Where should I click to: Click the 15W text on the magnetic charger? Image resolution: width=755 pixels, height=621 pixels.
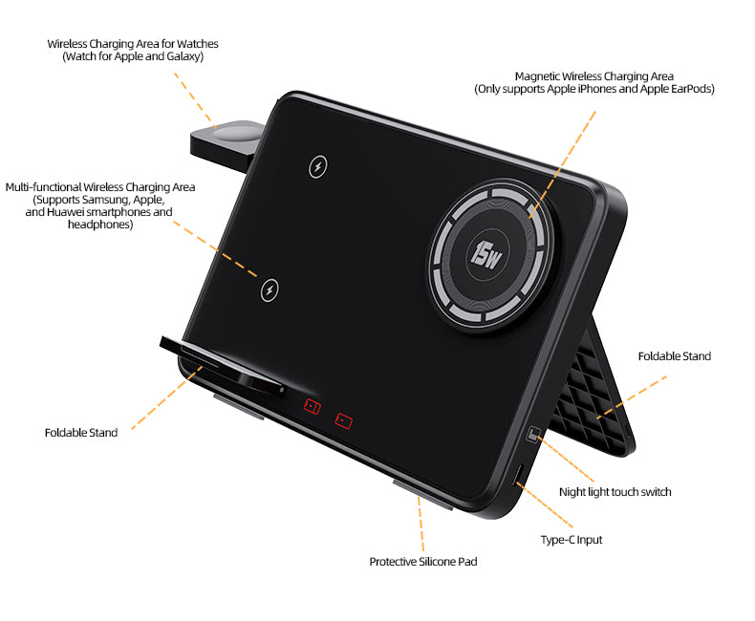pyautogui.click(x=485, y=255)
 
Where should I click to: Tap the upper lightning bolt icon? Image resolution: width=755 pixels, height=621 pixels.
pyautogui.click(x=318, y=166)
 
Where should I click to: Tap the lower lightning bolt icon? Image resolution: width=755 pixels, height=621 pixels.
pyautogui.click(x=270, y=290)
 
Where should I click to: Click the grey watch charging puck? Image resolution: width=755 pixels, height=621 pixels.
pyautogui.click(x=237, y=133)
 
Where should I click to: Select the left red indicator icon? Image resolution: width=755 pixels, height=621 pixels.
pyautogui.click(x=312, y=406)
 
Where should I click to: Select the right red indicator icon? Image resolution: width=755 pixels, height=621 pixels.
pyautogui.click(x=344, y=420)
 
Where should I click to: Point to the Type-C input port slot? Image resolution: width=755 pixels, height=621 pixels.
pyautogui.click(x=519, y=475)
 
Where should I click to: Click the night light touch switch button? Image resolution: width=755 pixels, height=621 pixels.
pyautogui.click(x=533, y=434)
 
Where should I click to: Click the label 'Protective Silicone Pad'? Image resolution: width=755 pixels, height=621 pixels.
pyautogui.click(x=423, y=562)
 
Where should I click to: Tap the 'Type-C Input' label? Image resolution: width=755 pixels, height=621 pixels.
pyautogui.click(x=572, y=540)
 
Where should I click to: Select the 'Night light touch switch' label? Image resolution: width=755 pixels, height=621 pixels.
pyautogui.click(x=615, y=492)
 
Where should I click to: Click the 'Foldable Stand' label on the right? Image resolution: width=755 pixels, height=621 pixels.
pyautogui.click(x=674, y=356)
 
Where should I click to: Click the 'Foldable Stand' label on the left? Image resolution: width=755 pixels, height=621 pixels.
pyautogui.click(x=81, y=432)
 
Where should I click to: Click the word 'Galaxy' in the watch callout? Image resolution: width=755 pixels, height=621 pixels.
pyautogui.click(x=183, y=56)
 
